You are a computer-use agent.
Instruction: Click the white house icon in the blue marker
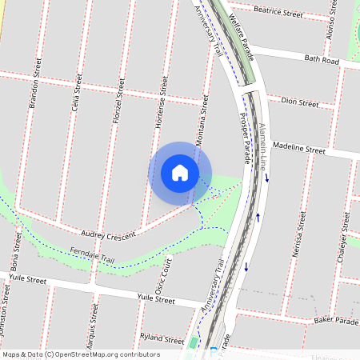click(x=180, y=173)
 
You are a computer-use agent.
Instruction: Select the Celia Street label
click(x=77, y=91)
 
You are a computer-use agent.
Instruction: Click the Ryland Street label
click(x=156, y=338)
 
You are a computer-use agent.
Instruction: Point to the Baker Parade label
click(x=337, y=320)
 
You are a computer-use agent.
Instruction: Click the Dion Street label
click(x=301, y=102)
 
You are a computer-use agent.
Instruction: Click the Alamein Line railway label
click(x=261, y=147)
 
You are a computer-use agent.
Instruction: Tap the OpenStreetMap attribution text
click(x=81, y=354)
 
